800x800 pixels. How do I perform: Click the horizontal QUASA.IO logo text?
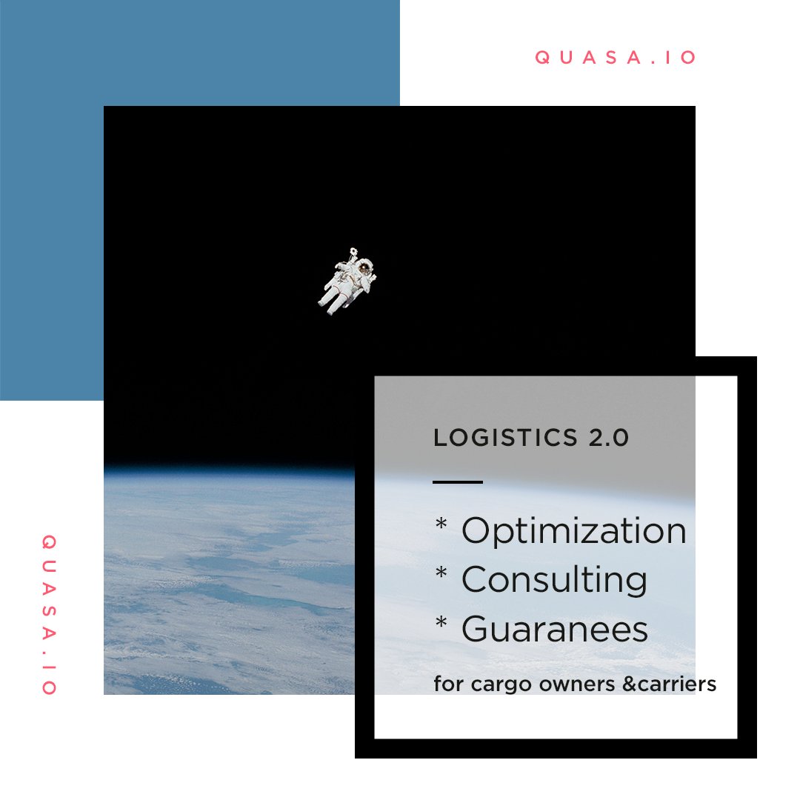click(616, 57)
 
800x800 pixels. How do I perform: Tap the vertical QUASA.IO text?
click(49, 614)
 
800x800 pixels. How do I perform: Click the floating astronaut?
click(347, 281)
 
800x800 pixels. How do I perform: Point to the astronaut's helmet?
click(364, 266)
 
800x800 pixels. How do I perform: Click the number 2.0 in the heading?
click(609, 438)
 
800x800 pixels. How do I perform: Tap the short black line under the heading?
click(458, 481)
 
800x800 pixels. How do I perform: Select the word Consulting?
click(555, 580)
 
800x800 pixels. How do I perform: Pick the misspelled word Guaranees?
click(555, 629)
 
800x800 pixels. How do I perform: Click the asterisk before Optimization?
click(441, 524)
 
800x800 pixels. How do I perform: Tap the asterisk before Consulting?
click(441, 573)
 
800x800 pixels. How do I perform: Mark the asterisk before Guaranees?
click(441, 622)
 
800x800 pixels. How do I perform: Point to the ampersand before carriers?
click(629, 684)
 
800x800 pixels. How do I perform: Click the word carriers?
click(676, 684)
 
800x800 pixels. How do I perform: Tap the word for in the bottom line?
click(448, 684)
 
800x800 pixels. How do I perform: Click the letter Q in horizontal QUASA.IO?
click(541, 57)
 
